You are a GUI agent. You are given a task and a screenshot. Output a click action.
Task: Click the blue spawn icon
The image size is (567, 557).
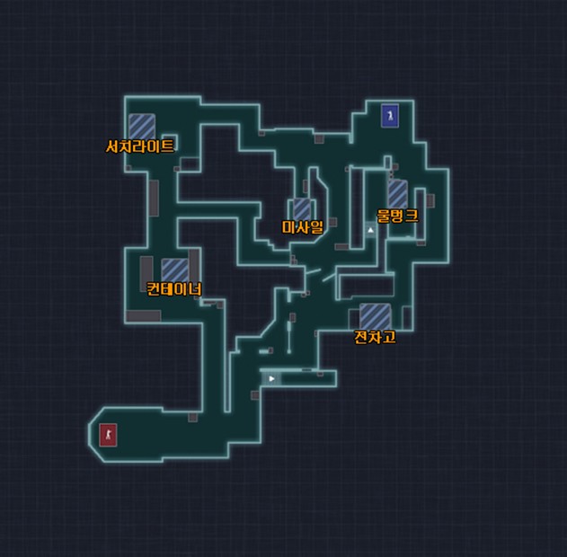(x=390, y=116)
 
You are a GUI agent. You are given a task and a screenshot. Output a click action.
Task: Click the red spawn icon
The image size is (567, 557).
(x=108, y=435)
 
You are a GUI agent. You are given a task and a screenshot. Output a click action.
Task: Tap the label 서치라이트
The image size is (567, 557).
(x=139, y=146)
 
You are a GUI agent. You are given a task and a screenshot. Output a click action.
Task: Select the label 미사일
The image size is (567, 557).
(x=302, y=227)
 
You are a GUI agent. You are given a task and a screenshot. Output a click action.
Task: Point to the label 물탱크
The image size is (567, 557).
(x=397, y=216)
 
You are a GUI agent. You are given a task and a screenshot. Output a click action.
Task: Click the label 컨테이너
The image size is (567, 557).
(x=174, y=288)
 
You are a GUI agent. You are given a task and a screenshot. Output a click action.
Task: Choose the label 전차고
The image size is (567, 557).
(x=375, y=337)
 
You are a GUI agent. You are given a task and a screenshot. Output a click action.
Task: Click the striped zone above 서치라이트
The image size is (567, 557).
(x=142, y=127)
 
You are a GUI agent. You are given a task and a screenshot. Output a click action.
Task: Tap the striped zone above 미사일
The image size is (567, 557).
(x=302, y=208)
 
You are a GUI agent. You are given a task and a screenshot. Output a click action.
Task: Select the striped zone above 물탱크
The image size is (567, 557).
(x=398, y=194)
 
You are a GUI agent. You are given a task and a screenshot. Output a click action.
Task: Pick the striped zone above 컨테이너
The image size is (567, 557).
(x=174, y=270)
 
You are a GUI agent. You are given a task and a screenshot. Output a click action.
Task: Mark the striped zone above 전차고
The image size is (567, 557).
(x=375, y=317)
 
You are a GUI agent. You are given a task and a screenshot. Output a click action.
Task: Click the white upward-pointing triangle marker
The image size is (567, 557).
(x=370, y=229)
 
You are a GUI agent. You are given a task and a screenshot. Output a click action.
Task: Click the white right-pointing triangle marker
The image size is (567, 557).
(x=272, y=378)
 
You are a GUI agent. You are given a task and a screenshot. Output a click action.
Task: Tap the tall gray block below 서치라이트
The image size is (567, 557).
(x=154, y=198)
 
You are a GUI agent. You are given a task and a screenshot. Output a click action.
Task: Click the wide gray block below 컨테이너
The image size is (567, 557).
(x=144, y=316)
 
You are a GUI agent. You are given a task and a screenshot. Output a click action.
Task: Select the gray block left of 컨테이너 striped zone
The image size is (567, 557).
(x=146, y=274)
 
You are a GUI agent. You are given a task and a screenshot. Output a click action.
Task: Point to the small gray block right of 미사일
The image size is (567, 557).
(x=333, y=222)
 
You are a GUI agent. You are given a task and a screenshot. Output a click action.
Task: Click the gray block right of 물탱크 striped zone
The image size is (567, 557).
(x=430, y=200)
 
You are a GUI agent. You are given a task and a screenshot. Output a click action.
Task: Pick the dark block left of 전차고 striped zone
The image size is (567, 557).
(x=354, y=319)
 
